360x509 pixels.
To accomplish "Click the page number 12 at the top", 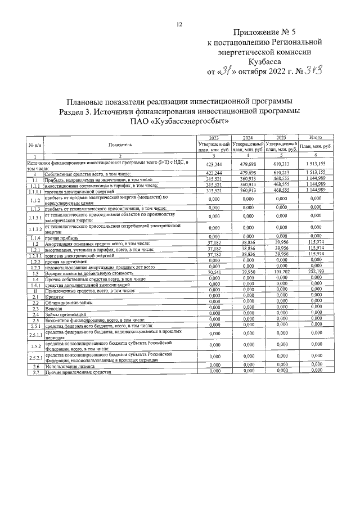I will tap(179, 24).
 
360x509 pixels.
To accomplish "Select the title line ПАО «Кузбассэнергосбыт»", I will tap(179, 121).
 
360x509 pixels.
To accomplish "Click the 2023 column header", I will tap(214, 138).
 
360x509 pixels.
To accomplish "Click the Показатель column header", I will tap(120, 145).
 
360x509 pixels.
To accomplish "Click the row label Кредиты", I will tap(55, 295).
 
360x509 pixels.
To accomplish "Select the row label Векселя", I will tap(55, 308).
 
